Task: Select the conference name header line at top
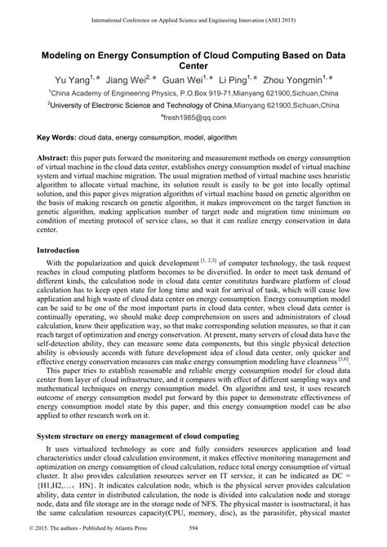click(x=193, y=16)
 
